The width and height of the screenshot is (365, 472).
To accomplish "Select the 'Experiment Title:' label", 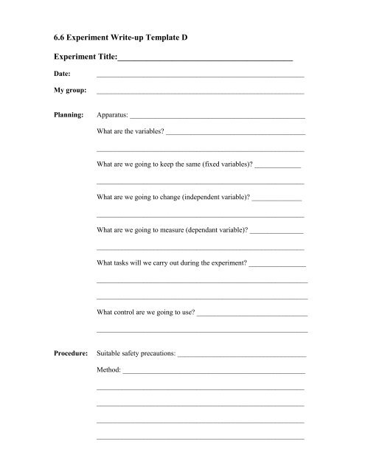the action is [86, 55].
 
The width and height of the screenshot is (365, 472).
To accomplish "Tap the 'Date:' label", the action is [62, 74].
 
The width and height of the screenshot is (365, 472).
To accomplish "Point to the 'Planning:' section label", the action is [69, 116].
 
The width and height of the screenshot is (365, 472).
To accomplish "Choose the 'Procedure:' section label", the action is [71, 354].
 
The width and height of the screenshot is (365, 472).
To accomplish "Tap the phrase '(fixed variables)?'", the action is [220, 165].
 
